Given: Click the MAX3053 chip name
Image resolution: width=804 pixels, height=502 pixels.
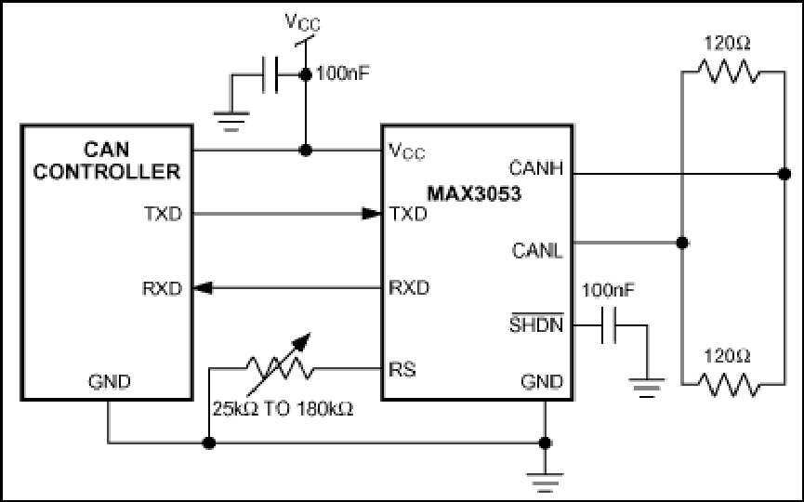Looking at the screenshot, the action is point(474,193).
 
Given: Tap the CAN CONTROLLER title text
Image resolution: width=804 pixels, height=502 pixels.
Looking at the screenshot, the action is point(107,161).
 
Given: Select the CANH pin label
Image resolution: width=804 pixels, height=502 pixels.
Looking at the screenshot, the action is point(535,168).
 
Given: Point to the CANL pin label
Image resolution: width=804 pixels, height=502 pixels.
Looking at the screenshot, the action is point(537,250).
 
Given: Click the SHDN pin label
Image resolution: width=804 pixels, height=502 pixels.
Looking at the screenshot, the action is point(536,324).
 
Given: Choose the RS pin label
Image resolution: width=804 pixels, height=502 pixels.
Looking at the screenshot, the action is point(402,369).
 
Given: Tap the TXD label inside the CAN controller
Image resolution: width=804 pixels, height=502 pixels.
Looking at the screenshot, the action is point(163,214).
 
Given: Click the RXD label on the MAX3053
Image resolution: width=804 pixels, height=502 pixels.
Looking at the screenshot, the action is point(409,287).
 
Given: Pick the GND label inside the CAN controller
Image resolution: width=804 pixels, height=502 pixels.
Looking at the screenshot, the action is point(110,381).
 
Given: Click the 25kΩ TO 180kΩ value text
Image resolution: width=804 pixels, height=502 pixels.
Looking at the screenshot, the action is point(283,409).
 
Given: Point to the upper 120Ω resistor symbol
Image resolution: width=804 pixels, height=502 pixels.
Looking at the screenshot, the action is point(728,72).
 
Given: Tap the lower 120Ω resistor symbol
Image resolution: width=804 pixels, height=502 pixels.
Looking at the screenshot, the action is point(728,385).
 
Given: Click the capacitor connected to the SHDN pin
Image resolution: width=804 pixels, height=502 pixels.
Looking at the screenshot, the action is point(609,325).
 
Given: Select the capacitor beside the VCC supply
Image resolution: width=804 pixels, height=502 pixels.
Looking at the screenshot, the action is point(270,75).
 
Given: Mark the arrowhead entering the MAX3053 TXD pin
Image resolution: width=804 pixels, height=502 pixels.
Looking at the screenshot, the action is point(373,214).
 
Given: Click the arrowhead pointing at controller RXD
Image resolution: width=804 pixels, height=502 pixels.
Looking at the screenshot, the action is point(202,288).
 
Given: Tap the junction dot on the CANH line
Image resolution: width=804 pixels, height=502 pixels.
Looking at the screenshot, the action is point(784,174).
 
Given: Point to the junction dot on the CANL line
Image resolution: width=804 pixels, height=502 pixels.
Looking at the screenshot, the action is point(682,243).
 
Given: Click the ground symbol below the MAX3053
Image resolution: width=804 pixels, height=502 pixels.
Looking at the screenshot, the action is point(545,480).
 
